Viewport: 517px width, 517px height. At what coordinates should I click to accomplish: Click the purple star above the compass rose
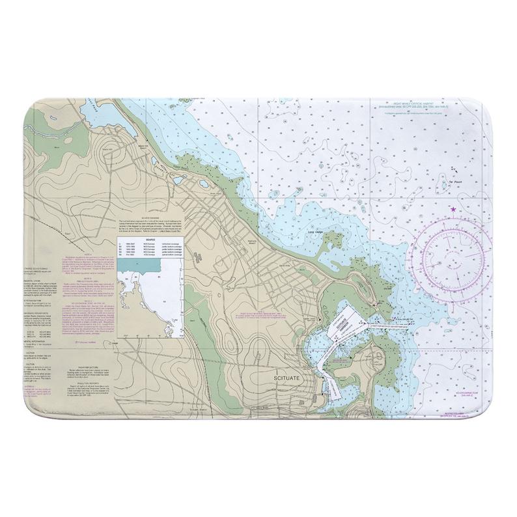pos(453,209)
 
